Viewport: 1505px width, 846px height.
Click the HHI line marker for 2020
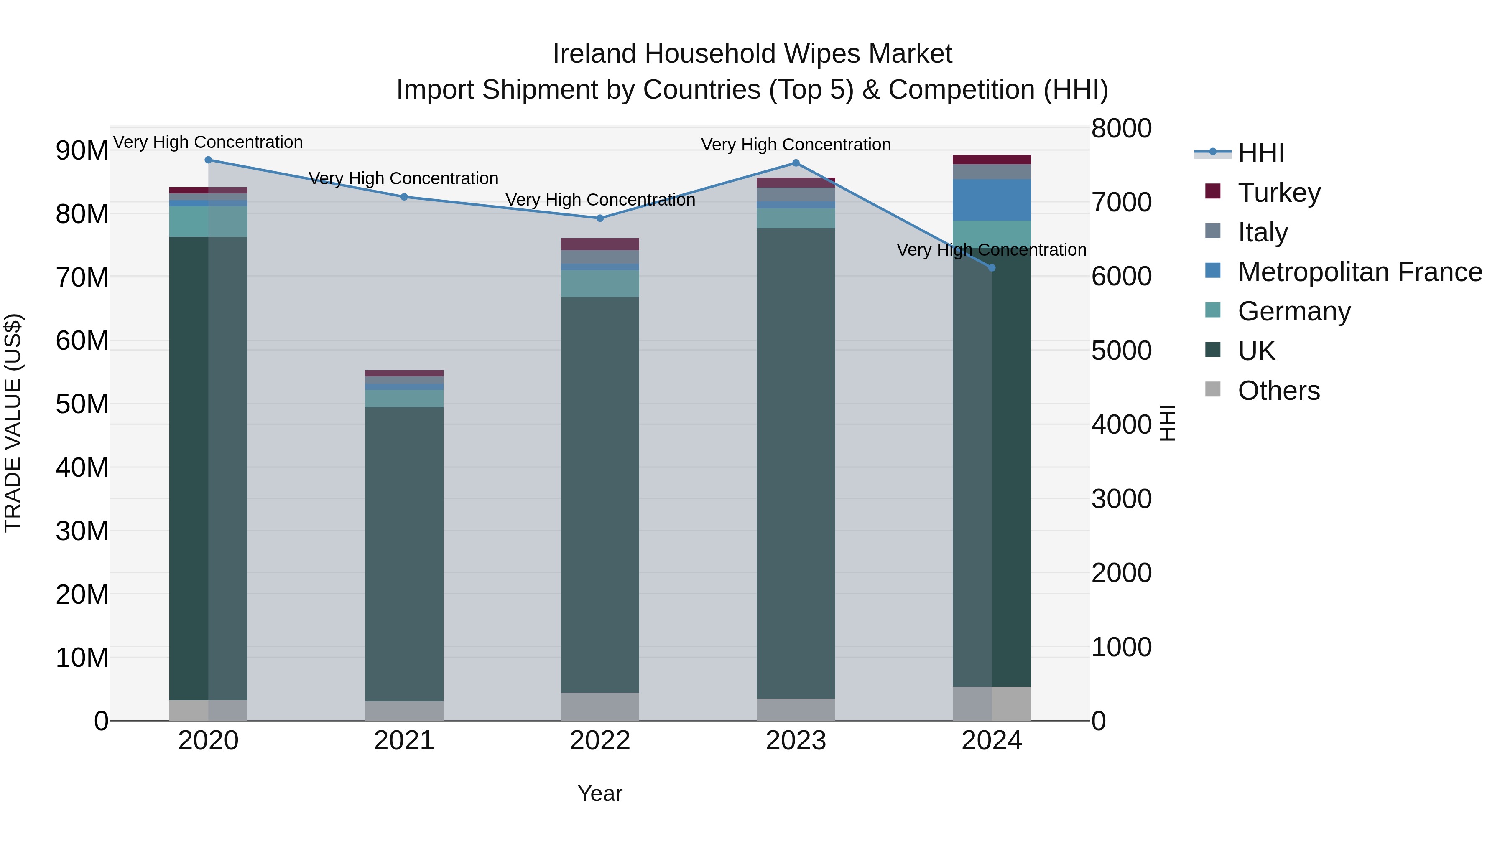(208, 160)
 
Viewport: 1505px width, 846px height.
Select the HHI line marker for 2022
(599, 218)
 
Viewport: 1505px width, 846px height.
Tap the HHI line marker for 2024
(992, 268)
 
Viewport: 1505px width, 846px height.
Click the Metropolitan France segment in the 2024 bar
(992, 200)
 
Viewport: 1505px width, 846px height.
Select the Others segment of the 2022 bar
(599, 706)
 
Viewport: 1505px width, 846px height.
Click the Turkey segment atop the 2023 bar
(795, 182)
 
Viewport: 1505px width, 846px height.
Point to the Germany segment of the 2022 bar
(599, 283)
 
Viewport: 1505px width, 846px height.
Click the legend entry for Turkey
(1278, 193)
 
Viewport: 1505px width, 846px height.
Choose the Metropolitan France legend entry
(1360, 272)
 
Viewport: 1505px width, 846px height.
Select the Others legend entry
(1278, 391)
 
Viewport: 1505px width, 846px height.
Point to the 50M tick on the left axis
(82, 404)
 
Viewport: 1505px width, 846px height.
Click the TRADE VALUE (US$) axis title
(13, 423)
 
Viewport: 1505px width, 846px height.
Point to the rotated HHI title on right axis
(1167, 423)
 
